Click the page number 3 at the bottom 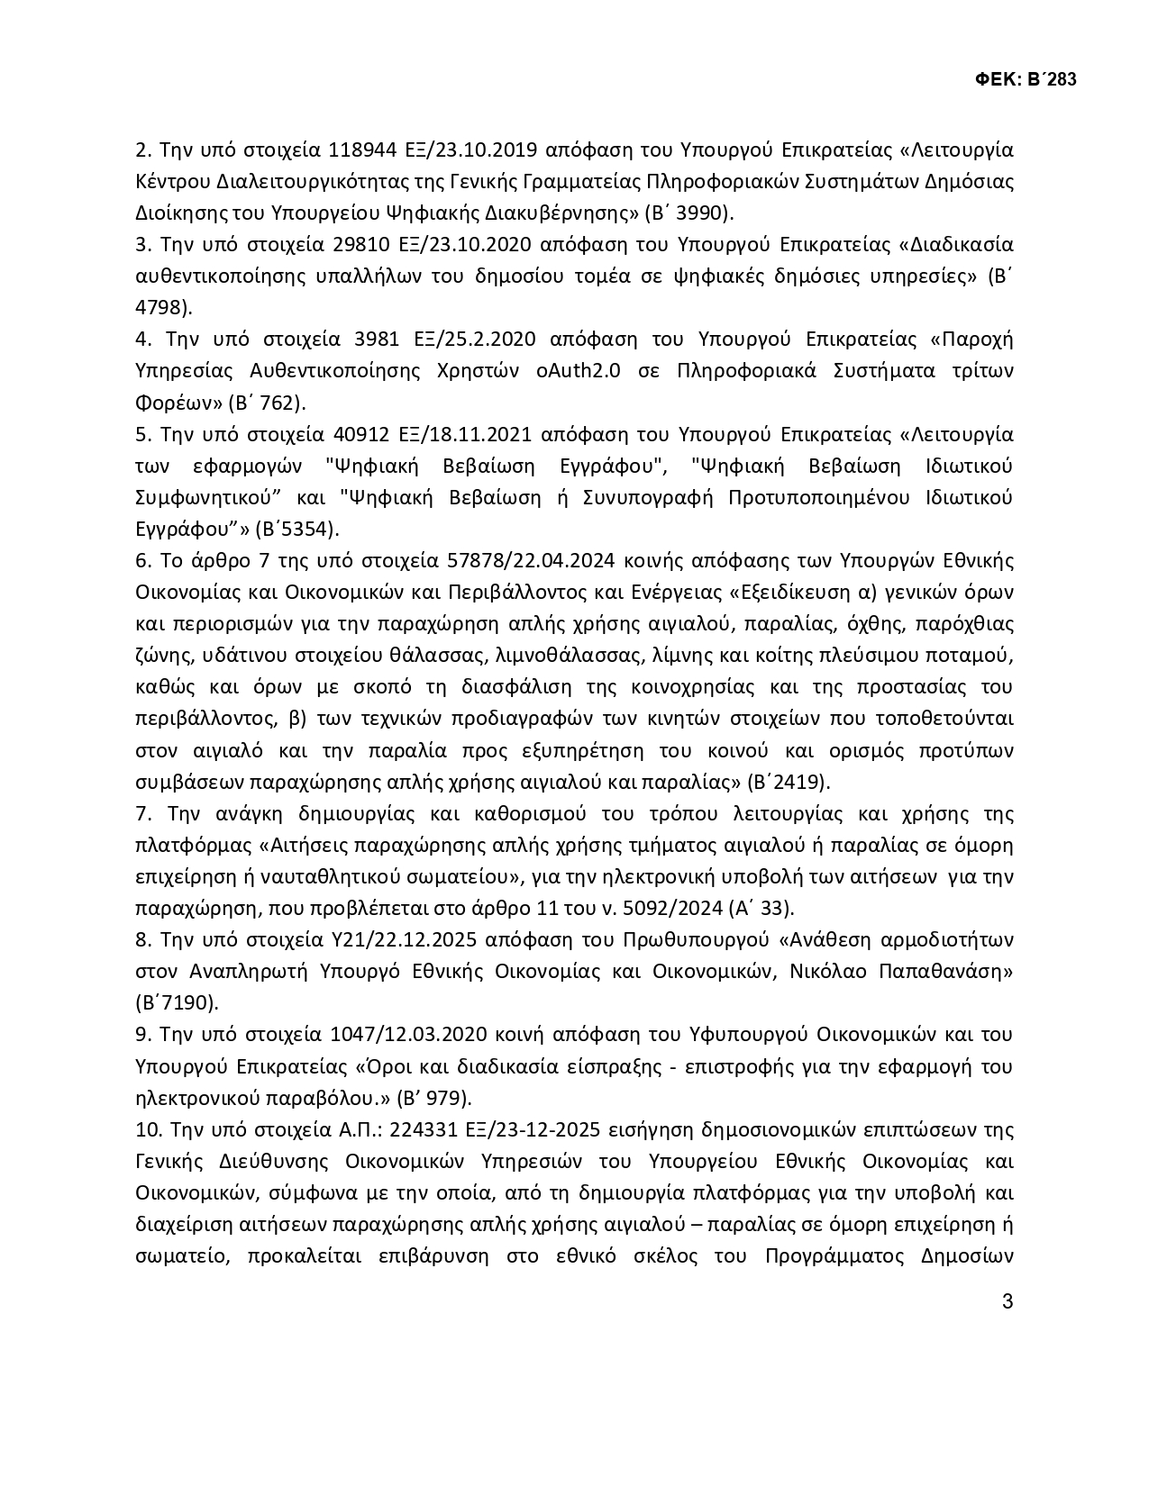(x=1008, y=1301)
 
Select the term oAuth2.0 (x=579, y=371)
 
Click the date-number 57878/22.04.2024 (x=531, y=560)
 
